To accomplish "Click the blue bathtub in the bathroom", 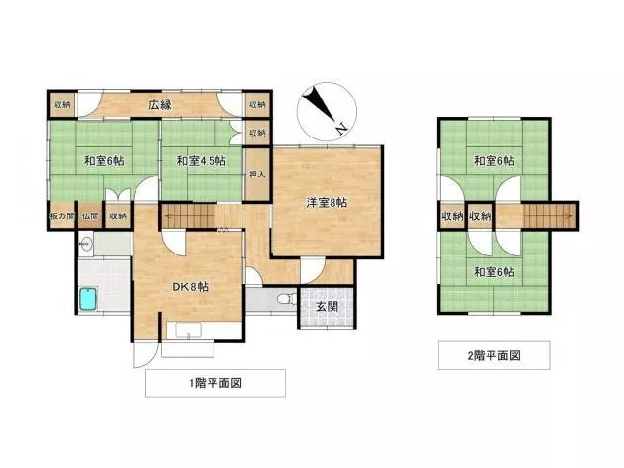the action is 89,298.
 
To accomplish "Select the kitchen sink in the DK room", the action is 188,331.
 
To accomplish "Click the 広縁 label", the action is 160,105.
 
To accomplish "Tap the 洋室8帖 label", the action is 327,202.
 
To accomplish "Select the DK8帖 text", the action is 190,287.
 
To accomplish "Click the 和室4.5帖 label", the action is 202,161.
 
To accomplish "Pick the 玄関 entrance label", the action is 328,307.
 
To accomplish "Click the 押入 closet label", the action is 256,175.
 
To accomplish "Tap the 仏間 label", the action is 90,216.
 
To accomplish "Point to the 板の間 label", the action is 62,216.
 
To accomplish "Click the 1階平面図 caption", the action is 214,383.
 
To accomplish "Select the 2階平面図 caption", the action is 493,355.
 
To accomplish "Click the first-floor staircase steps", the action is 188,216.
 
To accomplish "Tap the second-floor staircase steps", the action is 549,216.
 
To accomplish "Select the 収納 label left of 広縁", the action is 62,105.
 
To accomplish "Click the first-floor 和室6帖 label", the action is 103,161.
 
